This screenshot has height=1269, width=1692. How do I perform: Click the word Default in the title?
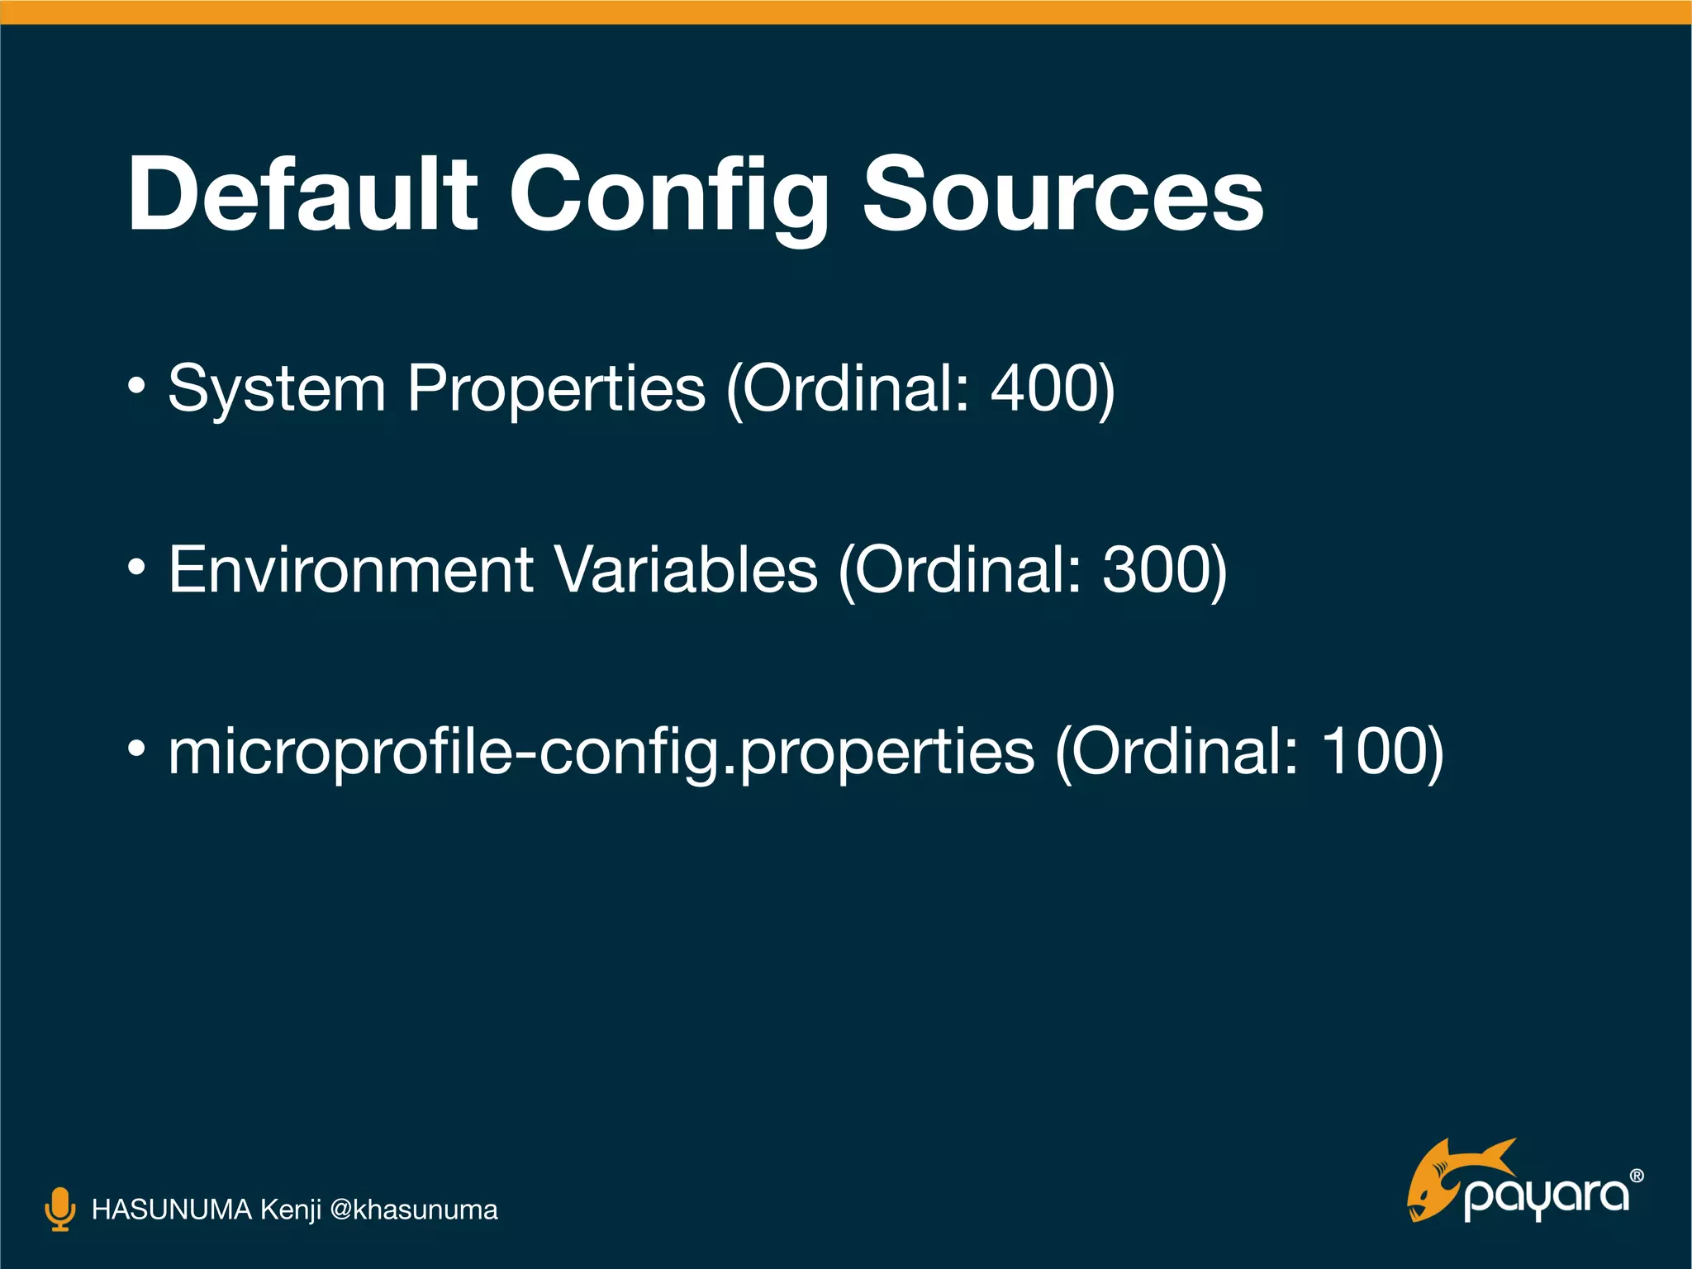(302, 195)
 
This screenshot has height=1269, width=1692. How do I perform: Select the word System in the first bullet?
(277, 388)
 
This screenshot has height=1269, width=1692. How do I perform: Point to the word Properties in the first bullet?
(556, 388)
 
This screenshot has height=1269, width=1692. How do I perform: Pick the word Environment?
(351, 569)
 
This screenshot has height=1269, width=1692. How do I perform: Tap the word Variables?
(686, 569)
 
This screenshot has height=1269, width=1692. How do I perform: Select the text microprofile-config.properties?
(601, 752)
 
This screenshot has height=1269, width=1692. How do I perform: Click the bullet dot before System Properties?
(137, 385)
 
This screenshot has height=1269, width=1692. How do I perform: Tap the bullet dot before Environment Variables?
(137, 567)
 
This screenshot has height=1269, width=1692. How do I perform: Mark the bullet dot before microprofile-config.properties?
(137, 749)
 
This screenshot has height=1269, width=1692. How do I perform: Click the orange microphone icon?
(59, 1210)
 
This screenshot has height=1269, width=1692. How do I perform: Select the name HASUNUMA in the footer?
(171, 1210)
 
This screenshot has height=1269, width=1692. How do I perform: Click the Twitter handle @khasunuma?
(413, 1210)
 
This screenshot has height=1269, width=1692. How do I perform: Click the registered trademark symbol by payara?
(1637, 1176)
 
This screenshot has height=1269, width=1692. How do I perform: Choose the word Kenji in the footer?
(290, 1210)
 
